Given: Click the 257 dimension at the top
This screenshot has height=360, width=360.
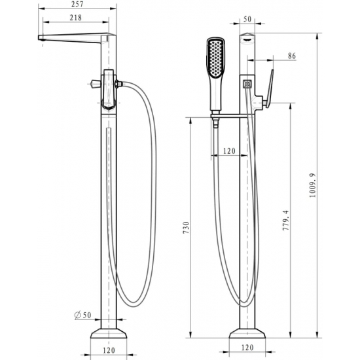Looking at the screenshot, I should pos(78,5).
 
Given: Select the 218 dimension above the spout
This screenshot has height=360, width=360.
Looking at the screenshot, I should pos(77,18).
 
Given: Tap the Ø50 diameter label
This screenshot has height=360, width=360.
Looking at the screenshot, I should pos(83,315).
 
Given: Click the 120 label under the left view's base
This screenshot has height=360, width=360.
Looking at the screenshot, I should pos(109,351).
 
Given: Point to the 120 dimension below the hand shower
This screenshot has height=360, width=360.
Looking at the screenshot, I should pos(229,151).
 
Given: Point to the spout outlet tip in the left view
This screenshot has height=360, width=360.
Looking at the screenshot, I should pos(41,39).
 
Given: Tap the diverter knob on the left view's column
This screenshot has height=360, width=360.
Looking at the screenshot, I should pos(96,84).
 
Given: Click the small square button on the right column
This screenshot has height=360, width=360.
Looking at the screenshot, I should pos(247,84).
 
